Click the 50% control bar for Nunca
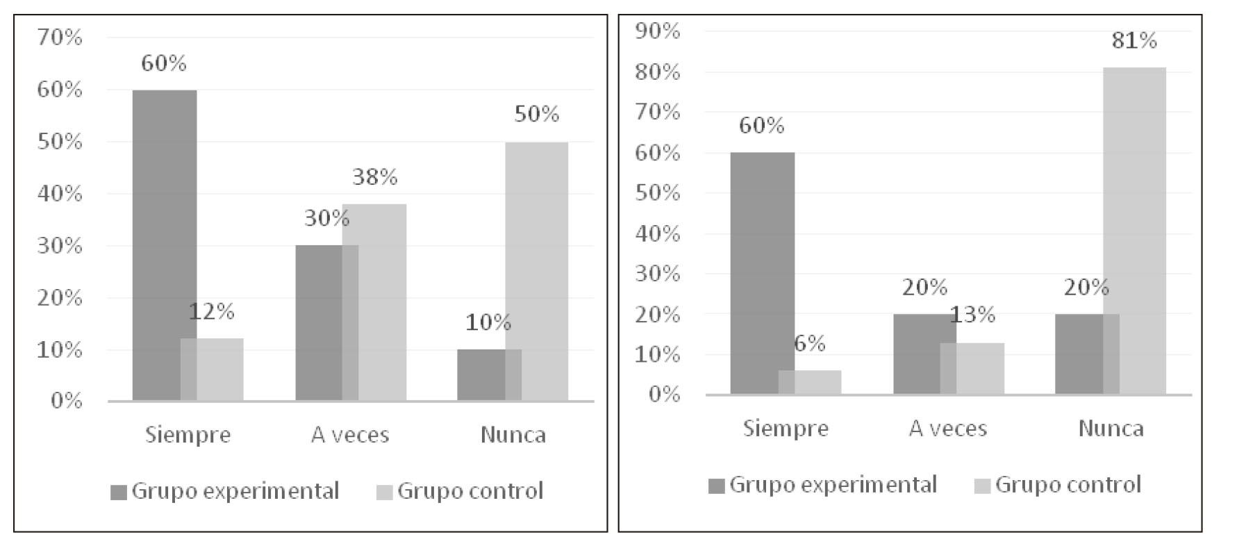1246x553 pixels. click(x=537, y=271)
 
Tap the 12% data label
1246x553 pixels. click(x=211, y=311)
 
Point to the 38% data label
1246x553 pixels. click(x=374, y=177)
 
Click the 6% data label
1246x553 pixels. click(x=809, y=343)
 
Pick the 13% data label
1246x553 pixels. click(x=972, y=315)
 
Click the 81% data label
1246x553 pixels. click(x=1134, y=40)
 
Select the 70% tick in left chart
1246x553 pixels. click(x=60, y=38)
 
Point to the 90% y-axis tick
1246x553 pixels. click(x=658, y=31)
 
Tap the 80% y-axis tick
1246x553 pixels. click(x=658, y=72)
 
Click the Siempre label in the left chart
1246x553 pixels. click(x=188, y=435)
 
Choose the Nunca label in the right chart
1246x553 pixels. click(x=1111, y=429)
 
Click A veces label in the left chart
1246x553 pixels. click(x=350, y=435)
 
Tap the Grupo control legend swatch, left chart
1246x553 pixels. click(x=385, y=493)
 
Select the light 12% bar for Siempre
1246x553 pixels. click(x=213, y=370)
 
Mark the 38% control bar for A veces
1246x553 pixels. click(x=375, y=302)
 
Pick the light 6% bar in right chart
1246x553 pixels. click(x=810, y=382)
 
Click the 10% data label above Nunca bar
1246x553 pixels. click(x=488, y=322)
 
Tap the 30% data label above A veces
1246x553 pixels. click(x=326, y=218)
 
